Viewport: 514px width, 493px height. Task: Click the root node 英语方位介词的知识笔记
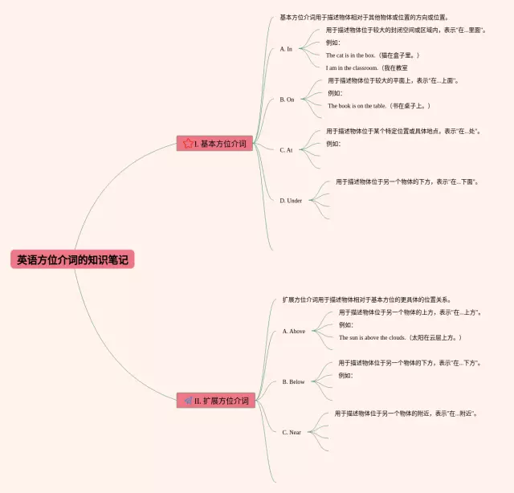(72, 260)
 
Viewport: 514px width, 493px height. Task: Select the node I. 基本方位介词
(215, 144)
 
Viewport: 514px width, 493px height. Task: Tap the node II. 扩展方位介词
(216, 400)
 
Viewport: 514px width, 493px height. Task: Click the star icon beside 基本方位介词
(188, 144)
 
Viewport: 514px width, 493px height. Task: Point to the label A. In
(286, 49)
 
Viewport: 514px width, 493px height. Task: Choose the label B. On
(287, 100)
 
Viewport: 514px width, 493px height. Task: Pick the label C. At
(286, 150)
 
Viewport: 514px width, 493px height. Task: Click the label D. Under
(291, 201)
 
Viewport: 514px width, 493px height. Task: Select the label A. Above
(294, 331)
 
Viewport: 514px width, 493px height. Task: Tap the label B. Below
(294, 382)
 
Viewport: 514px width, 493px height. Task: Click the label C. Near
(292, 432)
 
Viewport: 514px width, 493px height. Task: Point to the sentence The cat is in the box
(373, 55)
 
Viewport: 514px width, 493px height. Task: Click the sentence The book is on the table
(379, 106)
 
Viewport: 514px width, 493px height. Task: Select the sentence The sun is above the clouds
(400, 337)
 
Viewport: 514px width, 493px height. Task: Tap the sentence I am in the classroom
(367, 68)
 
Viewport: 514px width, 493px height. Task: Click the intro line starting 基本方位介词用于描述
(364, 17)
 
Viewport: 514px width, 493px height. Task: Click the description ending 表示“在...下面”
(407, 181)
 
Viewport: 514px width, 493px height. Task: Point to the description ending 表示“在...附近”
(406, 414)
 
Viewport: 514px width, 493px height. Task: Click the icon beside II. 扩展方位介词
(188, 400)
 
